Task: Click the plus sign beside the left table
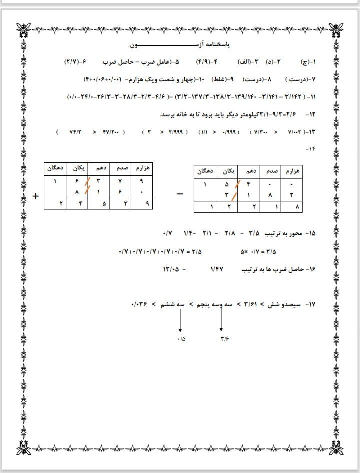coord(36,196)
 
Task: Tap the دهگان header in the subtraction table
coord(205,171)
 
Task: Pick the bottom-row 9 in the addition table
coord(147,204)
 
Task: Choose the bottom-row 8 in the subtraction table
coord(297,206)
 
